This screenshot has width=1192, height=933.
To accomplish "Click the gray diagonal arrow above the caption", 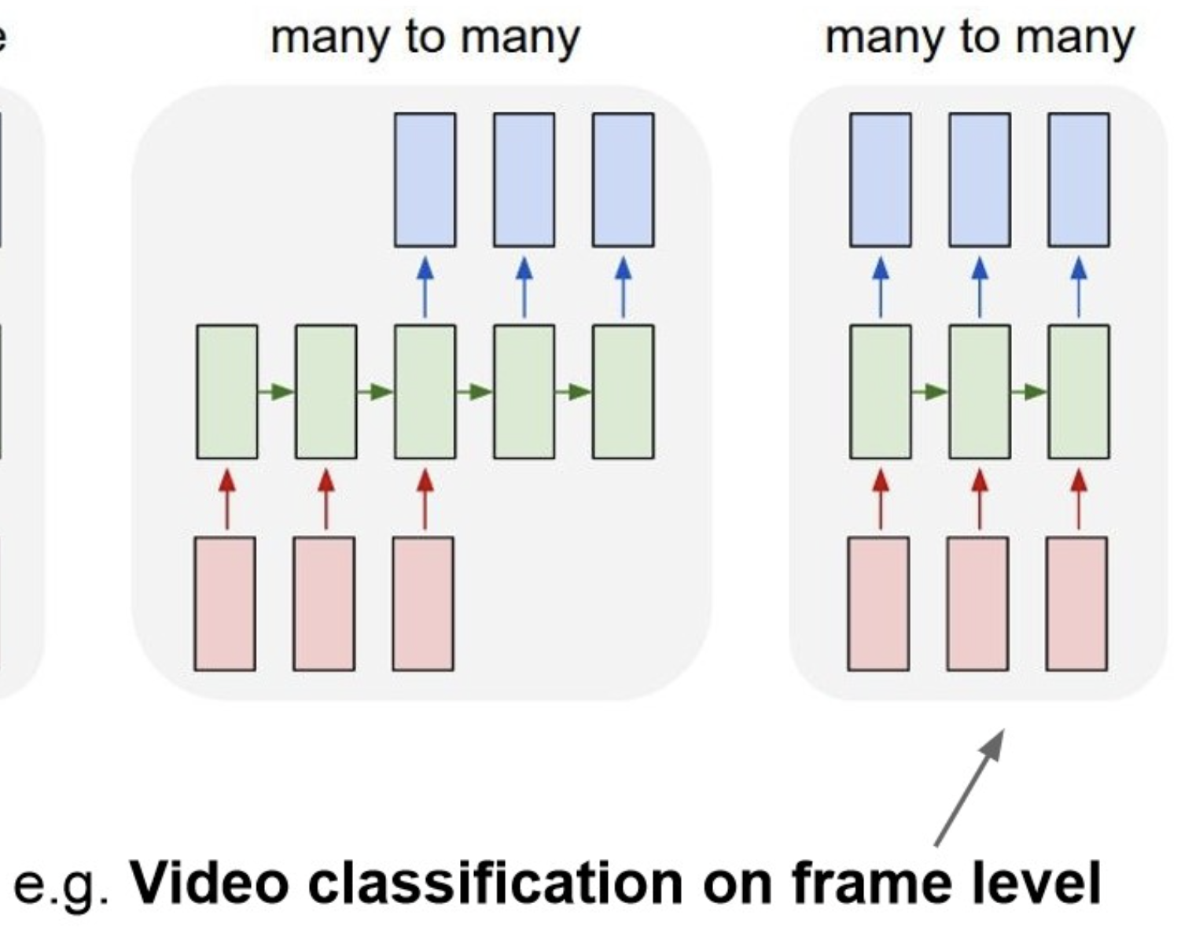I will pos(969,787).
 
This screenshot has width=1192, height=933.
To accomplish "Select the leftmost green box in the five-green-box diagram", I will pos(226,391).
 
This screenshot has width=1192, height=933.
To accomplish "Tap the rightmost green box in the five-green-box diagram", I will pos(623,391).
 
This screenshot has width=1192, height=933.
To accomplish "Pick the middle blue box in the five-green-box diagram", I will pos(524,179).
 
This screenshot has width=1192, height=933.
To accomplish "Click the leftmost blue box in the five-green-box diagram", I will pos(425,179).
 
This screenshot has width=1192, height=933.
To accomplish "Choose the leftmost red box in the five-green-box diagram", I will pos(225,603).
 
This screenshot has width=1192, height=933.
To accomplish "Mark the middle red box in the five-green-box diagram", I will pos(324,603).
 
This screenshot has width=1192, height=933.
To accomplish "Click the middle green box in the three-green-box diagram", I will pos(979,391).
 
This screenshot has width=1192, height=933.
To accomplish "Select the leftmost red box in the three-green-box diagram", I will pos(878,603).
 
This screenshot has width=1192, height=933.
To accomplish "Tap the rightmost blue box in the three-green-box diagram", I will pos(1078,179).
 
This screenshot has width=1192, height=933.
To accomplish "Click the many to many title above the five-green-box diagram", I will pos(425,38).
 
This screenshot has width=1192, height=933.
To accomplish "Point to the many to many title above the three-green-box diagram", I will pos(979,38).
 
